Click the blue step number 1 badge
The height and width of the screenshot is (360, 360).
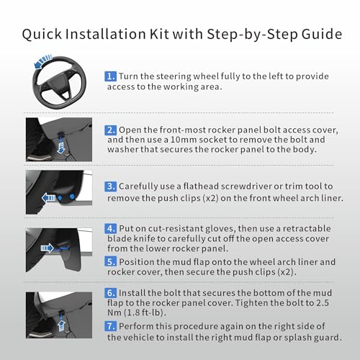click(x=111, y=76)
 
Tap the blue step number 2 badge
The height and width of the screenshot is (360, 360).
click(x=111, y=130)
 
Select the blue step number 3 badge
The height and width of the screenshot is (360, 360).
click(x=111, y=186)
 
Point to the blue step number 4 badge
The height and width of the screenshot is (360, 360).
click(x=111, y=228)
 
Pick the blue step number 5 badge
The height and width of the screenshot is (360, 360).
click(x=111, y=261)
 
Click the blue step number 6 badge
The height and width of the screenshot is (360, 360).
click(x=111, y=293)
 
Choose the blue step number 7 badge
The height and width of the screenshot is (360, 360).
click(x=111, y=326)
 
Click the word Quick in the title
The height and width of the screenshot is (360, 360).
click(x=42, y=34)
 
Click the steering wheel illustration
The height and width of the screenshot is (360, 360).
click(x=59, y=81)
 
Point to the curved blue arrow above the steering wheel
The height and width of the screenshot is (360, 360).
click(x=42, y=61)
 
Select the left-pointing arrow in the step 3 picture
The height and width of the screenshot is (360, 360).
click(x=49, y=198)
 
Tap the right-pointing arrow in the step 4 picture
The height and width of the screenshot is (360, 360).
click(x=47, y=248)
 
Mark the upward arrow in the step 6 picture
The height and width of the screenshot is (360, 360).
click(x=61, y=325)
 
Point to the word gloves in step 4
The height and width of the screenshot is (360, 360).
click(x=220, y=229)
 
